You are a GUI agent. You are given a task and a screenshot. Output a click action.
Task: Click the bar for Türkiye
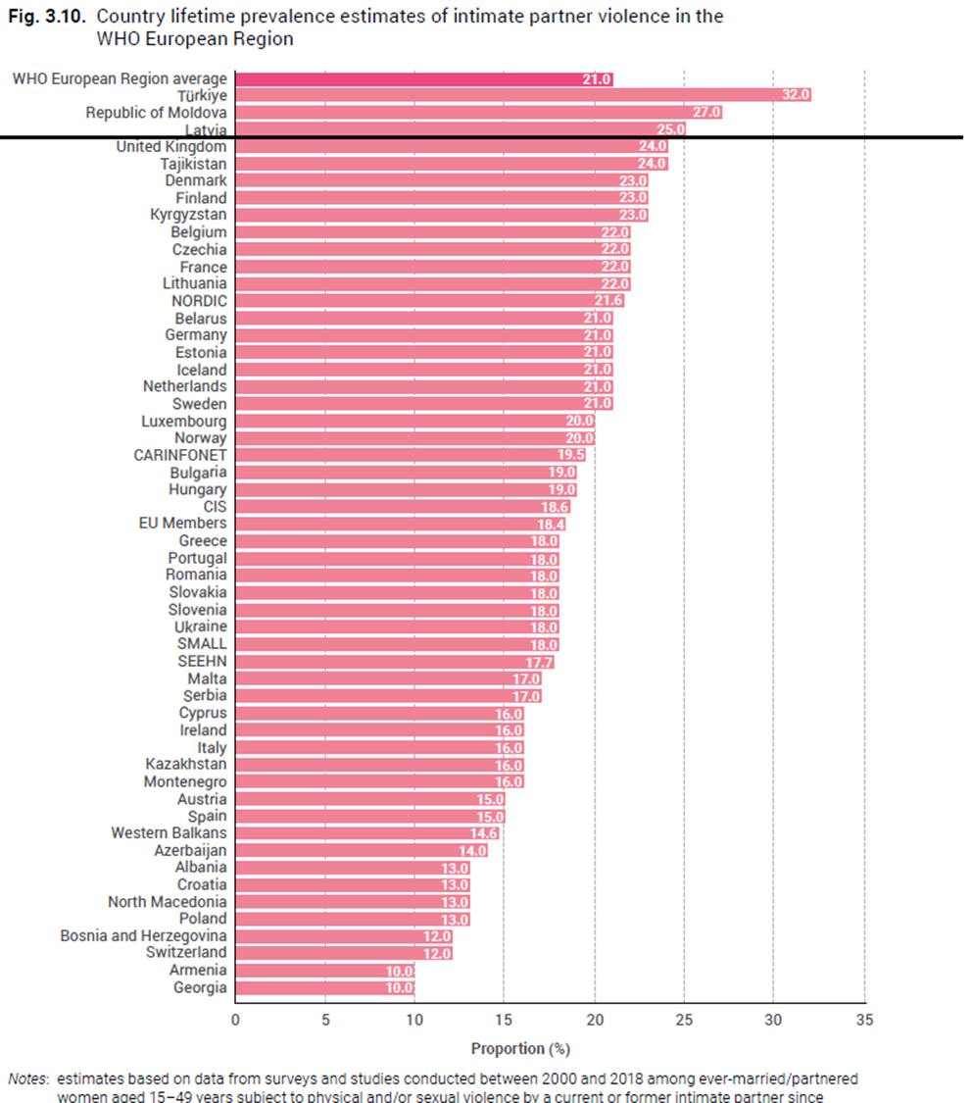[x=522, y=95]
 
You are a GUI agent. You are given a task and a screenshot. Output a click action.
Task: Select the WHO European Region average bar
[x=423, y=78]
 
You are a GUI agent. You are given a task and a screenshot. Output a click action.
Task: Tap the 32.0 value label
[x=796, y=95]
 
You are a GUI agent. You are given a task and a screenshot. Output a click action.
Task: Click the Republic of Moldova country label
[x=156, y=113]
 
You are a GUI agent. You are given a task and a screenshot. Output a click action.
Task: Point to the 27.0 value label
[x=706, y=113]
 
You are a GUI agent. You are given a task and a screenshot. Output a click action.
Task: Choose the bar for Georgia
[x=324, y=987]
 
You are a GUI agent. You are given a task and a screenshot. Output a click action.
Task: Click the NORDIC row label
[x=201, y=301]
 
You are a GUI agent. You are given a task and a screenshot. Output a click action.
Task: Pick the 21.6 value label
[x=608, y=301]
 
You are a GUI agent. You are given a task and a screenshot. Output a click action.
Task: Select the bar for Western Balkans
[x=366, y=833]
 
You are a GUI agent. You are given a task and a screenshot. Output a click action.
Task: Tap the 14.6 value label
[x=484, y=833]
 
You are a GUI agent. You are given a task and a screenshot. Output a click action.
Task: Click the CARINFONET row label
[x=180, y=455]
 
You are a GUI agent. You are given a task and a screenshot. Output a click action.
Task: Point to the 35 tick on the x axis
[x=863, y=1020]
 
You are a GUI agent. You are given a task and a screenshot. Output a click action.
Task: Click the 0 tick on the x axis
[x=235, y=1020]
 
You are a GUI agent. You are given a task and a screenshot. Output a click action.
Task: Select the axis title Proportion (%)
[x=520, y=1049]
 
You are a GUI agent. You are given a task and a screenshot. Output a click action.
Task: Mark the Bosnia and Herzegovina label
[x=143, y=936]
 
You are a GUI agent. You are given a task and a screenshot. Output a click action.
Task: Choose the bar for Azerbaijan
[x=361, y=850]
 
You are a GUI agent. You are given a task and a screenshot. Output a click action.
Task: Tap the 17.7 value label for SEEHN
[x=539, y=662]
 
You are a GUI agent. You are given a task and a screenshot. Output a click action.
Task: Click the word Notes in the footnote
[x=28, y=1078]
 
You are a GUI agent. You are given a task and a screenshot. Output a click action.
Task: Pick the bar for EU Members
[x=401, y=524]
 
